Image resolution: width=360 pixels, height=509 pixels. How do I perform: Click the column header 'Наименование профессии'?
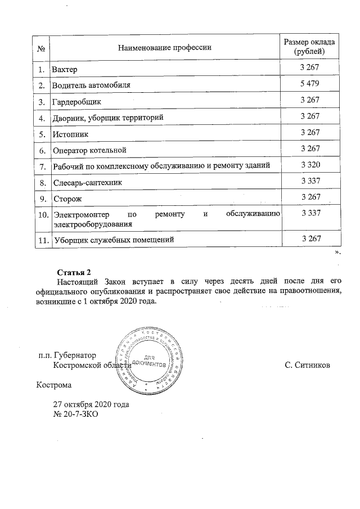pyautogui.click(x=164, y=47)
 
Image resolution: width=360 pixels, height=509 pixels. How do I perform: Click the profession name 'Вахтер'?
pyautogui.click(x=64, y=70)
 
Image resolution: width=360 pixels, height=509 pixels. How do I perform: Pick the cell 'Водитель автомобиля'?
pyautogui.click(x=91, y=86)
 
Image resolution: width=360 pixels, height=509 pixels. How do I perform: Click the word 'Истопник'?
pyautogui.click(x=70, y=134)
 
